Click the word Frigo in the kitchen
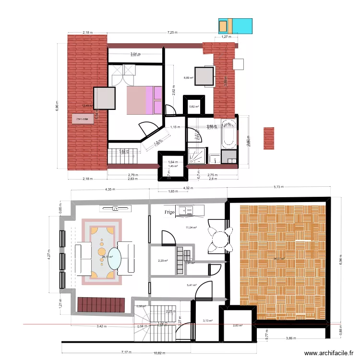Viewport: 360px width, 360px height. click(x=168, y=212)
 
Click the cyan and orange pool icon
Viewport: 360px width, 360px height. click(x=235, y=26)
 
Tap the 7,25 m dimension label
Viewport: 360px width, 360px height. click(x=172, y=33)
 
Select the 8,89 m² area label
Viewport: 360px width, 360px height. click(x=188, y=78)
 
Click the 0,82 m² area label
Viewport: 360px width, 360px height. click(x=194, y=107)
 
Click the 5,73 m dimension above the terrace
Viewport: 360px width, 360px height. click(x=279, y=187)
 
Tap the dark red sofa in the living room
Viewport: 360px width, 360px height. click(x=101, y=304)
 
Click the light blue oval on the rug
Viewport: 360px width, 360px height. click(x=114, y=258)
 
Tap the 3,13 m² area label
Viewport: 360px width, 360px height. click(x=207, y=321)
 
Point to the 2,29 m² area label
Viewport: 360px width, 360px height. click(x=163, y=261)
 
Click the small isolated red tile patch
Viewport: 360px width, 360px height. click(x=269, y=138)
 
